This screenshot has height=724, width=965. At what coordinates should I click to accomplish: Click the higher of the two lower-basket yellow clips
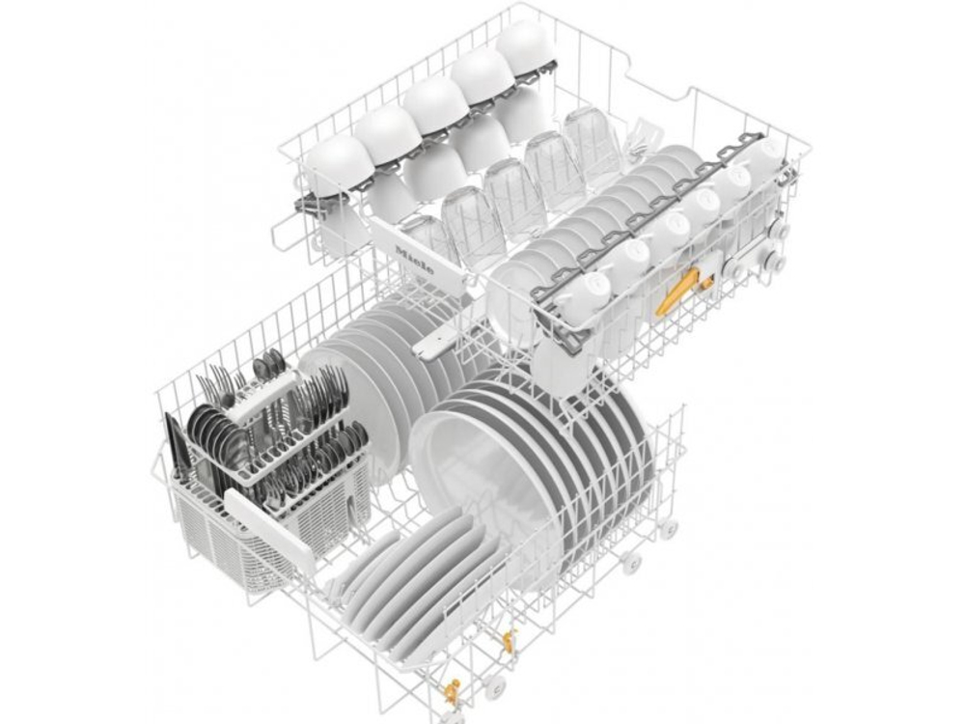coord(507,639)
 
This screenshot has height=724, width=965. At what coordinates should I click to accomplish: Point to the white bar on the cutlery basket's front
coord(269,527)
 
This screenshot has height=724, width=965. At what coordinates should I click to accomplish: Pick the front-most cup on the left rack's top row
coord(339,158)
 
